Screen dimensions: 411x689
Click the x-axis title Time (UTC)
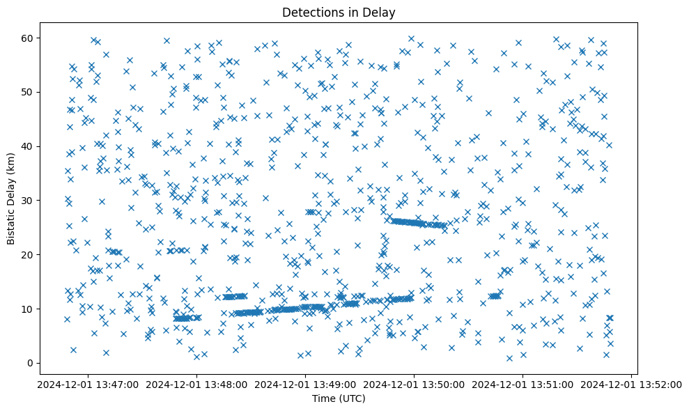click(339, 399)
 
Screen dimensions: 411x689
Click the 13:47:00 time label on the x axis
click(88, 384)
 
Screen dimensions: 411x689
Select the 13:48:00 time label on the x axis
click(196, 384)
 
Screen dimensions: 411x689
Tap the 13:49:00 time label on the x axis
click(305, 384)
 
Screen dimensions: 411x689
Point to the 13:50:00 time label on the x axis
click(415, 384)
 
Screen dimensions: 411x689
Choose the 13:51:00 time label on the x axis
click(523, 384)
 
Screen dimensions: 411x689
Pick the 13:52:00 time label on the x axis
click(632, 384)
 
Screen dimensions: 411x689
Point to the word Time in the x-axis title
click(325, 399)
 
